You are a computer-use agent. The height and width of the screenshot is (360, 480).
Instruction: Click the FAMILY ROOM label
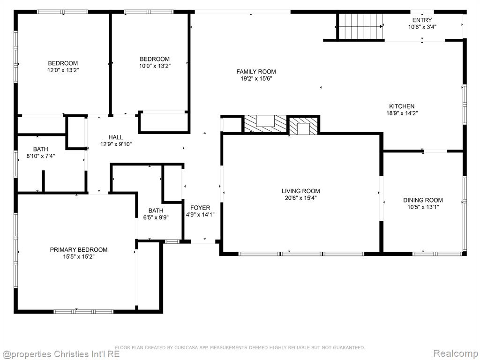pyautogui.click(x=256, y=72)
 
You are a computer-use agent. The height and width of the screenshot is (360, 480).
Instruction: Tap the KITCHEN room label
pyautogui.click(x=402, y=106)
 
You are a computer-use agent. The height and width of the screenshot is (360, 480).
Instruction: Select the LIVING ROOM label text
pyautogui.click(x=300, y=191)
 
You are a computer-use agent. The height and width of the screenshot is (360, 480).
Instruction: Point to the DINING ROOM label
pyautogui.click(x=423, y=200)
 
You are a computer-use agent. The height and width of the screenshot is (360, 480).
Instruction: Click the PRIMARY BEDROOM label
pyautogui.click(x=79, y=250)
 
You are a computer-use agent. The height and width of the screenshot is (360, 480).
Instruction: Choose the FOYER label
pyautogui.click(x=200, y=208)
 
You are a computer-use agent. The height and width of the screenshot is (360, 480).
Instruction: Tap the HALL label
pyautogui.click(x=116, y=137)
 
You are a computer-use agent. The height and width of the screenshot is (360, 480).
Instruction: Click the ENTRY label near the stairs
pyautogui.click(x=422, y=20)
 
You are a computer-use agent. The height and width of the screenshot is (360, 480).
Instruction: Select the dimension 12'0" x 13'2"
pyautogui.click(x=63, y=70)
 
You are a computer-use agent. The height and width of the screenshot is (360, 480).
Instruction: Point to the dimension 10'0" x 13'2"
pyautogui.click(x=155, y=66)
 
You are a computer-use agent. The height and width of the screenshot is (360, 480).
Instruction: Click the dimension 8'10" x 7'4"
pyautogui.click(x=41, y=156)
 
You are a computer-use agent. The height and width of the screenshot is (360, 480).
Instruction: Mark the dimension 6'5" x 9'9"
pyautogui.click(x=156, y=217)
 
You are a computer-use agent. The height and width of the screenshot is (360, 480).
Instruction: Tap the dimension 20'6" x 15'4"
pyautogui.click(x=300, y=198)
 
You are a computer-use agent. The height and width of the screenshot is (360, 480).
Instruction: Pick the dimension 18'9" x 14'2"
pyautogui.click(x=402, y=113)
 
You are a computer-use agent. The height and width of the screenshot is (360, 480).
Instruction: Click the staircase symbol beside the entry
pyautogui.click(x=360, y=27)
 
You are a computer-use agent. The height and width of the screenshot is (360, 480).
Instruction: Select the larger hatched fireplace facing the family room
pyautogui.click(x=265, y=124)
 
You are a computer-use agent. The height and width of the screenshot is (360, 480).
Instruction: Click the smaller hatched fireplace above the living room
pyautogui.click(x=304, y=126)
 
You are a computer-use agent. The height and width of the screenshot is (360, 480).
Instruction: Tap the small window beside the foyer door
pyautogui.click(x=172, y=241)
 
